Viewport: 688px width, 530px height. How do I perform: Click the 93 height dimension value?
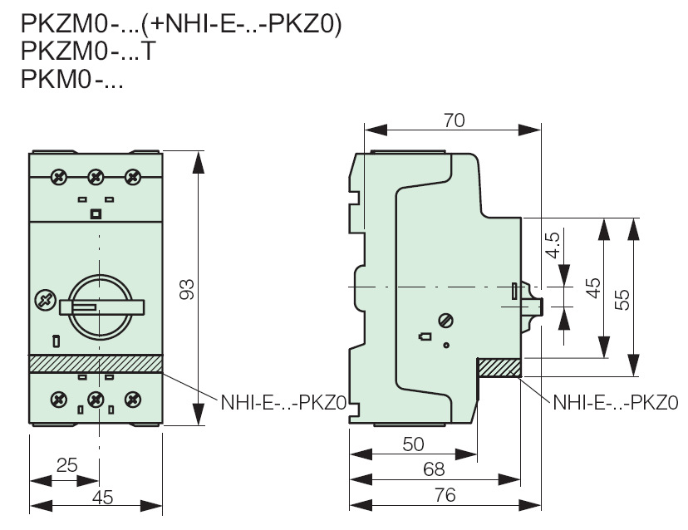(187, 290)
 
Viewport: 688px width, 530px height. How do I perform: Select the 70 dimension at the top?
(453, 120)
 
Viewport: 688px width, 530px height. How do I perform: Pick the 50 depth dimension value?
(413, 444)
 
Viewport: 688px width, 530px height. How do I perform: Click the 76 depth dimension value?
(445, 494)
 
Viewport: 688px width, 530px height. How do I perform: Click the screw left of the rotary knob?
(44, 300)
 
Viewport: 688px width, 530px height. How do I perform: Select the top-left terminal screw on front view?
(59, 176)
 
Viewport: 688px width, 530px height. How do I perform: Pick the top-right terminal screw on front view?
(131, 176)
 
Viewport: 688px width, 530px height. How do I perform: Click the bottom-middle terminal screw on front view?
(96, 400)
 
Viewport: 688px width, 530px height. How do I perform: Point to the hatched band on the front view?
(96, 363)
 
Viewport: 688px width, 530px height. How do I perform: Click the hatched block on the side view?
(499, 366)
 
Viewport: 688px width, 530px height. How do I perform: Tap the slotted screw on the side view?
(446, 319)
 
